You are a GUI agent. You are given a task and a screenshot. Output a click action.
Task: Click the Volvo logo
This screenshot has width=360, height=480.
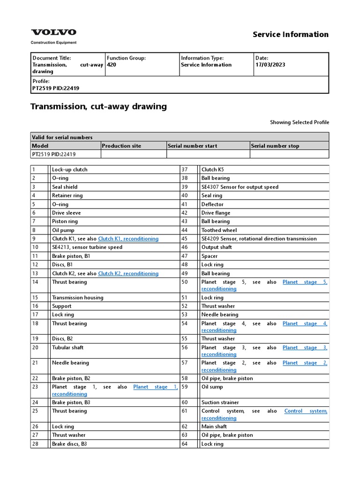(53, 32)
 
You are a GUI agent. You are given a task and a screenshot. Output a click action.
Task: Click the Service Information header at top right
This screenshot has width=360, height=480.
(290, 34)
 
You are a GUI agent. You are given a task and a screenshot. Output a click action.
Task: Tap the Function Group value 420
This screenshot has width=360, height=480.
(112, 65)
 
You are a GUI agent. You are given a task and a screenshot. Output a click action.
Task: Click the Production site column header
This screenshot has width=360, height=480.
(121, 146)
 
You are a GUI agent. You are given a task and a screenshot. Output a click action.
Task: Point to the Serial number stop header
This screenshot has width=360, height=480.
(275, 146)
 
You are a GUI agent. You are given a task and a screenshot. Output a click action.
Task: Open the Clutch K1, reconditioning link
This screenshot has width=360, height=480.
(128, 239)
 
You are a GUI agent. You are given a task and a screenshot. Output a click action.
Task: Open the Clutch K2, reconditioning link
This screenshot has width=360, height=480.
(128, 273)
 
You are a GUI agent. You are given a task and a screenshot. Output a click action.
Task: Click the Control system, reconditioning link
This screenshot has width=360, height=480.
(305, 411)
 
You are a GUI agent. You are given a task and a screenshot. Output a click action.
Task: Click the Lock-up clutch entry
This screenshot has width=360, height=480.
(69, 169)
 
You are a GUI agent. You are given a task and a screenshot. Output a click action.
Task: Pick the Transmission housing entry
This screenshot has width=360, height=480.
(77, 298)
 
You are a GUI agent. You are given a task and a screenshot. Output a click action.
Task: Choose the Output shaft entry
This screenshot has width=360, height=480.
(216, 247)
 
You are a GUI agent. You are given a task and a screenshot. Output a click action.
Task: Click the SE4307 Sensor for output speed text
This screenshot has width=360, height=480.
(240, 187)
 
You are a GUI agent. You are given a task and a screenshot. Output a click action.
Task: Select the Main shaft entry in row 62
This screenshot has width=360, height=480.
(214, 427)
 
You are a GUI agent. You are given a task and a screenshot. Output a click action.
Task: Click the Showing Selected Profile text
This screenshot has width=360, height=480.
(299, 122)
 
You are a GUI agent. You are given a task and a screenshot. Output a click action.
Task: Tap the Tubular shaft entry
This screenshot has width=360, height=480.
(67, 347)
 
